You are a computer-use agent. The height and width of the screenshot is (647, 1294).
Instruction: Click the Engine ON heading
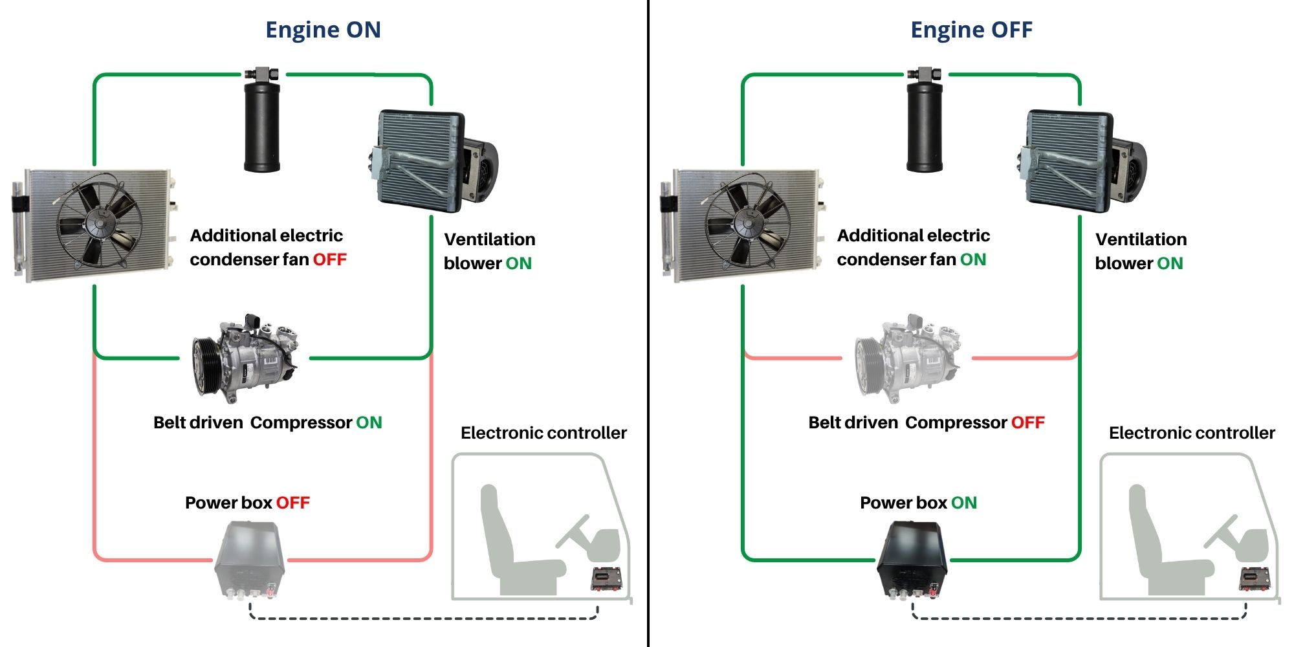(323, 30)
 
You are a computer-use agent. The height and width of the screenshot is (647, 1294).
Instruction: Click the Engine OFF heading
(971, 30)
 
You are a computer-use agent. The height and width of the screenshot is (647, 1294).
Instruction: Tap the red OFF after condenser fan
(330, 259)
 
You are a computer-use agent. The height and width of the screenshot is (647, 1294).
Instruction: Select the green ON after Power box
(964, 503)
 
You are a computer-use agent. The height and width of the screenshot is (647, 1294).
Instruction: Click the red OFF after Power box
(293, 503)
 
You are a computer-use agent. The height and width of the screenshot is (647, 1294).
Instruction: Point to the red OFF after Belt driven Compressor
(1028, 422)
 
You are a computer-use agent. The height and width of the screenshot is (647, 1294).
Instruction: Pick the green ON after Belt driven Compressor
(369, 422)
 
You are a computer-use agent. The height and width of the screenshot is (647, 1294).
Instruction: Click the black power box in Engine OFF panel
(912, 560)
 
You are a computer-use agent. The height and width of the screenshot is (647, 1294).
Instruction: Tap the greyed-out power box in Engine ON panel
(250, 560)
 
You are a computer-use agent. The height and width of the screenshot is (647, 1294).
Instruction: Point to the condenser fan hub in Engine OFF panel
(748, 224)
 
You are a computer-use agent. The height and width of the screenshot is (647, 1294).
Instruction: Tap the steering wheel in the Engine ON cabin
(573, 531)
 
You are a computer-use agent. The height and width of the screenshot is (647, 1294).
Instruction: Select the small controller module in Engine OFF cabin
(1255, 578)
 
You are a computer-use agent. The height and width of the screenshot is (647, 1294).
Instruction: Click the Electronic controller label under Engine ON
(543, 433)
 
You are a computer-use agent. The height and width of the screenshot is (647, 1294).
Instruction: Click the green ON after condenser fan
(973, 259)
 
